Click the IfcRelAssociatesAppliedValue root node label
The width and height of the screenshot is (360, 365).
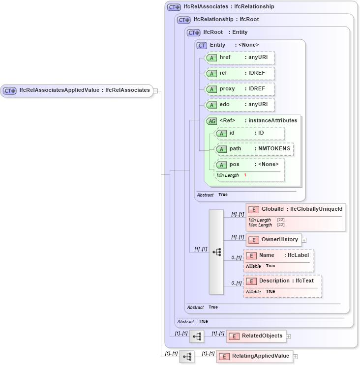(x=84, y=90)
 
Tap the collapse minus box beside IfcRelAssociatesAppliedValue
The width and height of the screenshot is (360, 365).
(x=155, y=90)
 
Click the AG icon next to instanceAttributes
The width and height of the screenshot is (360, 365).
(x=211, y=121)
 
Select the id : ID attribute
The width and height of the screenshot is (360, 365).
(x=249, y=133)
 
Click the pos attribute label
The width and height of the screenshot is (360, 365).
(x=235, y=165)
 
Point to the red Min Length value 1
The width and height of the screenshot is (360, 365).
(x=245, y=175)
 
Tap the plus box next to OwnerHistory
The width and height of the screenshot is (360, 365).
(x=304, y=240)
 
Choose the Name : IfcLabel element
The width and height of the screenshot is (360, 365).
(x=278, y=255)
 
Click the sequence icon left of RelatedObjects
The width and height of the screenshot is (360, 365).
(x=197, y=337)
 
